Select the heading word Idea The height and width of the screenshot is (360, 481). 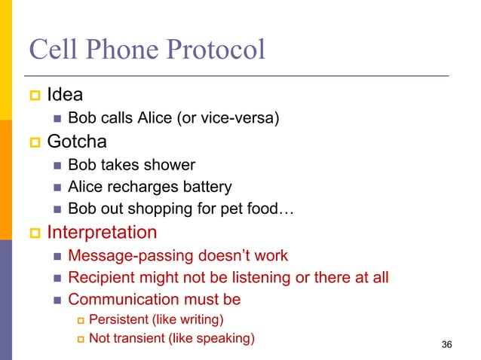pos(65,96)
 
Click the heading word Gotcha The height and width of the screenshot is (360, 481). pos(77,141)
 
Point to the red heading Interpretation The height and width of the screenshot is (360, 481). pos(102,232)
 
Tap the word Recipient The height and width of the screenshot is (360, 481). pos(100,278)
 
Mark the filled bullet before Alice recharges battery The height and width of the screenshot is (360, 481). pos(57,187)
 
